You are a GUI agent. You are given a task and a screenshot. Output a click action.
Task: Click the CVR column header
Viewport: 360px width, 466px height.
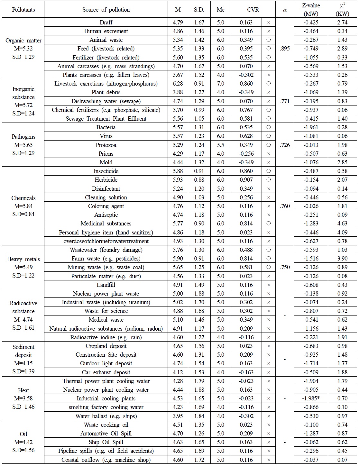pyautogui.click(x=253, y=10)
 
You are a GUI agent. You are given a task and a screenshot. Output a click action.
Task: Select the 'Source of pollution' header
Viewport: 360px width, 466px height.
pyautogui.click(x=106, y=10)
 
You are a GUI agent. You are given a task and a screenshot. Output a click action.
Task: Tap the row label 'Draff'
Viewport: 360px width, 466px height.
pyautogui.click(x=106, y=23)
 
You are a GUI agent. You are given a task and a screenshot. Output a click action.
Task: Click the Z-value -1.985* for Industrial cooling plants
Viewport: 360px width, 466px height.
pyautogui.click(x=311, y=398)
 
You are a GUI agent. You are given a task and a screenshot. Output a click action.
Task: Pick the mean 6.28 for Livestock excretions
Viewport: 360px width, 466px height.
pyautogui.click(x=178, y=84)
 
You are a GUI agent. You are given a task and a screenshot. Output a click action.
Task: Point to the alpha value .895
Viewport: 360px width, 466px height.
pyautogui.click(x=285, y=49)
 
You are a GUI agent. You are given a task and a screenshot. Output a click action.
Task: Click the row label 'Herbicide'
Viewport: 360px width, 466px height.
pyautogui.click(x=106, y=180)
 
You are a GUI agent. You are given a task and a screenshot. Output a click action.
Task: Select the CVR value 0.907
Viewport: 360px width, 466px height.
pyautogui.click(x=246, y=180)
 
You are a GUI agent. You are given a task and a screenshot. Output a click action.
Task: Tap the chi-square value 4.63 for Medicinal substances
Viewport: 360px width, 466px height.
pyautogui.click(x=342, y=224)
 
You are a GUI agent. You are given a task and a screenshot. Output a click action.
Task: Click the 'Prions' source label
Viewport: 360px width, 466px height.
pyautogui.click(x=106, y=154)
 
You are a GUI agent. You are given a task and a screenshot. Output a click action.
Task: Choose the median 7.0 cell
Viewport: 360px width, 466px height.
pyautogui.click(x=220, y=84)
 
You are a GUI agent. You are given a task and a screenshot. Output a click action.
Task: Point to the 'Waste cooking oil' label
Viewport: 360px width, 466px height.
pyautogui.click(x=106, y=425)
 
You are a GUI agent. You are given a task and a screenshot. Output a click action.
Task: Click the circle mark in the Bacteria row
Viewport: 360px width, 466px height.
pyautogui.click(x=269, y=127)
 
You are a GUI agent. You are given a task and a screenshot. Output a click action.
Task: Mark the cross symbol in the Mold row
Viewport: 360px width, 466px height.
pyautogui.click(x=269, y=162)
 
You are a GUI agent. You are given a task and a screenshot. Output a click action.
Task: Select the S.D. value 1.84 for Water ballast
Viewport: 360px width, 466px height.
pyautogui.click(x=199, y=416)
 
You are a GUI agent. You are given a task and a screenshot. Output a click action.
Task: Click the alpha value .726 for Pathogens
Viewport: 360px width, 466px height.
pyautogui.click(x=285, y=145)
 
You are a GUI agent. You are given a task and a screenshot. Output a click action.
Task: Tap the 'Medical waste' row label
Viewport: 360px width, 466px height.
pyautogui.click(x=106, y=320)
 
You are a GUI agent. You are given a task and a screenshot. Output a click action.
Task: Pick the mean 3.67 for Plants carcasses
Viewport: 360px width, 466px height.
pyautogui.click(x=178, y=75)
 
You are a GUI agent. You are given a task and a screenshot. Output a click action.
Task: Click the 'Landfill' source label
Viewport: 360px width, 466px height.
pyautogui.click(x=106, y=285)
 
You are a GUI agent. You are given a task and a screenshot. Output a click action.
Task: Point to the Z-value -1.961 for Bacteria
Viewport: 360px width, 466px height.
pyautogui.click(x=311, y=127)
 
